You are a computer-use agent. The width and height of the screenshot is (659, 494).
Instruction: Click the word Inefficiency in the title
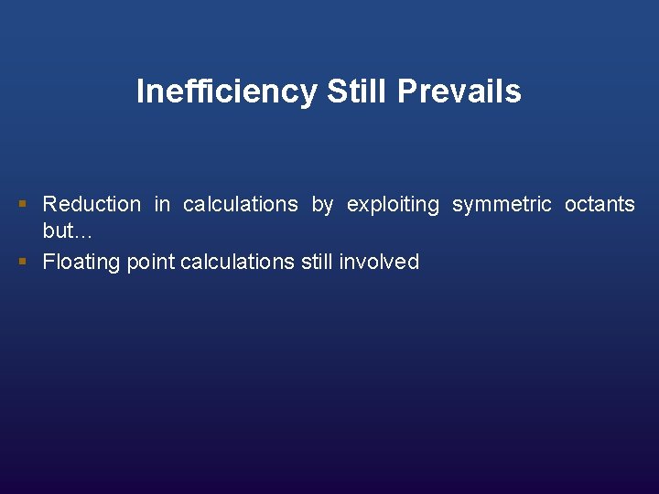coord(226,91)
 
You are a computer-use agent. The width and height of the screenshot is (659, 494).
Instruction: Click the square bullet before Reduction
coord(24,204)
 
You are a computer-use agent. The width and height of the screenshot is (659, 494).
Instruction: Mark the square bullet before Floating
coord(24,262)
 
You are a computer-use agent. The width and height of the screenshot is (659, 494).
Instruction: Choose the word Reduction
coord(92,204)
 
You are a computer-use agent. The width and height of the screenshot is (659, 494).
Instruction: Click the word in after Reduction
coord(162,204)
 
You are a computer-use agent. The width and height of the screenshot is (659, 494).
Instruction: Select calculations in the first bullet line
coord(241,204)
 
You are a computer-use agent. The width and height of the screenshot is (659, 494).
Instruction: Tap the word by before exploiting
coord(322,205)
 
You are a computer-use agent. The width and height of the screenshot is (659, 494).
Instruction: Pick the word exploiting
coord(393,205)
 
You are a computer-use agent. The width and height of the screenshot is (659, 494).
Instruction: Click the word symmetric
coord(502,205)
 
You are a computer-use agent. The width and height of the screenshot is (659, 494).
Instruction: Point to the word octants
coord(600,204)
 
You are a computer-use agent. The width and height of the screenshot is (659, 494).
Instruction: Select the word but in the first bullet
coord(58,230)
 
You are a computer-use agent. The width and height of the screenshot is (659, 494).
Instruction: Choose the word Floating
coord(81,263)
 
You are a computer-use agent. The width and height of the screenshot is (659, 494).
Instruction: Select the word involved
coord(379,263)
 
